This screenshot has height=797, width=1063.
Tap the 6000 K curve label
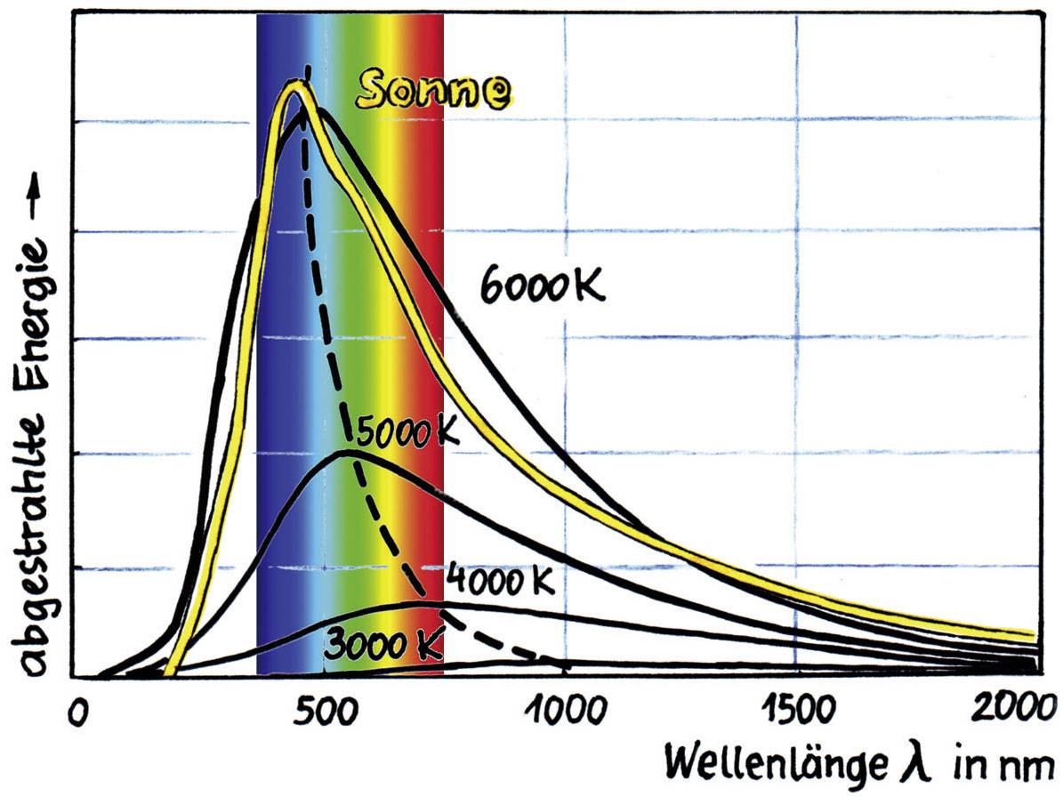pos(542,286)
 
